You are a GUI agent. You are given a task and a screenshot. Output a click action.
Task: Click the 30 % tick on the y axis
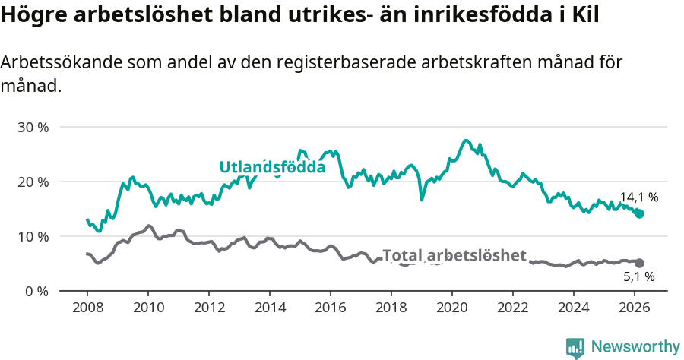point(33,127)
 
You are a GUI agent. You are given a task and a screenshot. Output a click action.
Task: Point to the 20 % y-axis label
point(33,182)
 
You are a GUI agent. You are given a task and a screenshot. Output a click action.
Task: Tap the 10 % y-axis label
point(33,236)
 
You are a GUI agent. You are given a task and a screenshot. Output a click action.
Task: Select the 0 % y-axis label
point(36,291)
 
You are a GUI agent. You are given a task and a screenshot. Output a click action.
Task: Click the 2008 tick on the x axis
point(87,307)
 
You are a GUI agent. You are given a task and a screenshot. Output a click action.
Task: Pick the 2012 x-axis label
point(209,307)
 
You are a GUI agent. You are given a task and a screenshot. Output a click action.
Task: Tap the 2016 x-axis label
point(331,307)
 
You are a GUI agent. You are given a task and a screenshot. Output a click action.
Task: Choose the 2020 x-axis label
point(452,307)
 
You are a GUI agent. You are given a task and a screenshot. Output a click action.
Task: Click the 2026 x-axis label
point(635,307)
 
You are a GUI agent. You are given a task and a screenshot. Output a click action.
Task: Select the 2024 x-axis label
point(574,307)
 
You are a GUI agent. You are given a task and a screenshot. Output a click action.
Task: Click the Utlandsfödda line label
point(272,167)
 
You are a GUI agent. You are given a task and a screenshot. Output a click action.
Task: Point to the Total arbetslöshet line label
point(454,256)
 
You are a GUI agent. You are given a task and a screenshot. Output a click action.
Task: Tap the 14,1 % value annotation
point(638,197)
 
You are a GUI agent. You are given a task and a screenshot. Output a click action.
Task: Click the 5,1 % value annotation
point(638,276)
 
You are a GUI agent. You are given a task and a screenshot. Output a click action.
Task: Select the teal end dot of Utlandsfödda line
point(640,214)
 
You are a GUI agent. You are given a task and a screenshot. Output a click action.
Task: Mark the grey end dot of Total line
point(640,263)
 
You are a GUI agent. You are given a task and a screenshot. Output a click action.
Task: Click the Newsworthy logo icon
point(575,347)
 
